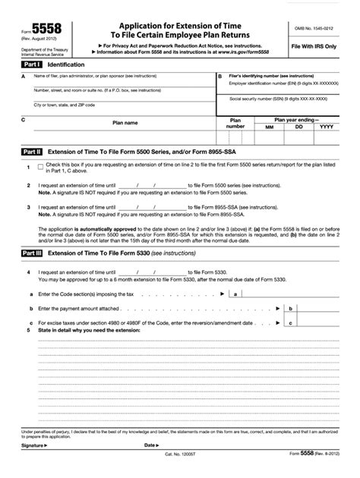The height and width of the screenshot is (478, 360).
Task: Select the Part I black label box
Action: [32, 65]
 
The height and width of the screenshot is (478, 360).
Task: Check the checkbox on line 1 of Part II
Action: [39, 166]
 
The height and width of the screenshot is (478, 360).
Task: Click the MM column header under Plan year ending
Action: [267, 127]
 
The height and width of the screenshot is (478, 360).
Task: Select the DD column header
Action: [298, 127]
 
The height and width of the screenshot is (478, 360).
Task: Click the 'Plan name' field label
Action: [125, 123]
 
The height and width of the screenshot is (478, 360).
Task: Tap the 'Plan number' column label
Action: [235, 124]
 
